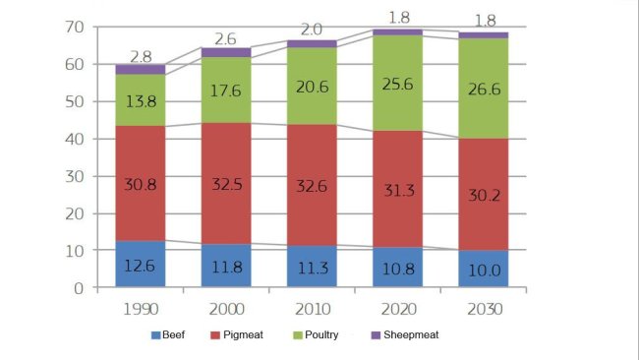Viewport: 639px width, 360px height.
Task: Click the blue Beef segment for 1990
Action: (x=141, y=265)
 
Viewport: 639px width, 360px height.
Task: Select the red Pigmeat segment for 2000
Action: (x=225, y=206)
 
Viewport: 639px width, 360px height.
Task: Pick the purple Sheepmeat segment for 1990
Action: (x=141, y=69)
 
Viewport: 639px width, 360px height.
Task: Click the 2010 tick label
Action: (x=311, y=310)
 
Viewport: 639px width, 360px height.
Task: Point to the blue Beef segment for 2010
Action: (x=311, y=268)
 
